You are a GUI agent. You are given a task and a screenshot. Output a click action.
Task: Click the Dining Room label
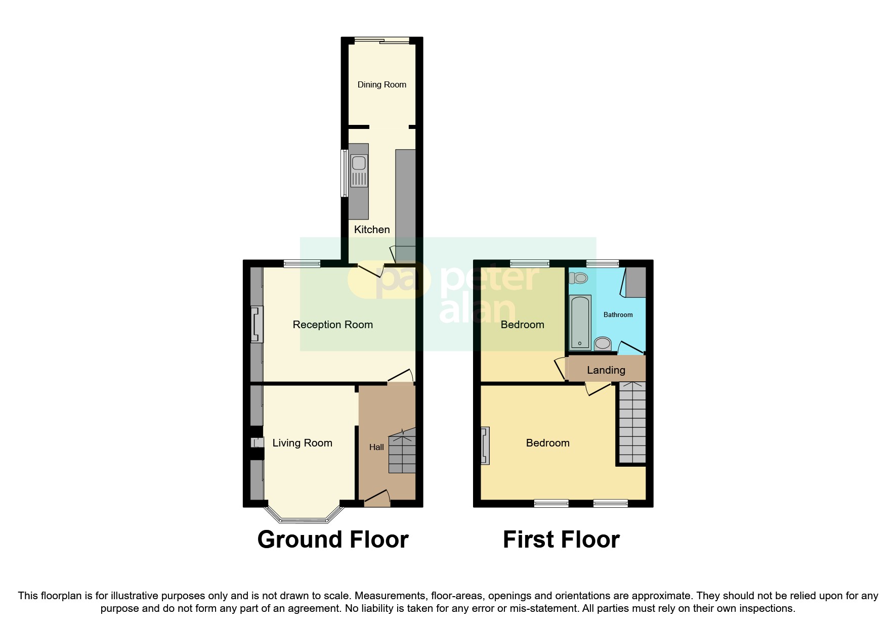tap(381, 84)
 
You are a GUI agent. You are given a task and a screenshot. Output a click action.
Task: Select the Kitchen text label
tap(372, 230)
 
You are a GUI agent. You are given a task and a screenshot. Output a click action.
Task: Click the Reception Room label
tap(333, 325)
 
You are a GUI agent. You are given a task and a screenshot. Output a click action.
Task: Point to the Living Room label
tap(302, 443)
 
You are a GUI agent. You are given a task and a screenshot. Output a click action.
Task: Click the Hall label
tap(376, 447)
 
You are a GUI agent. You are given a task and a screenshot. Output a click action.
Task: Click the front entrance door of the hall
tap(377, 498)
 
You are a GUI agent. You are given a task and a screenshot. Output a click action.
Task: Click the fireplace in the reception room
tap(258, 324)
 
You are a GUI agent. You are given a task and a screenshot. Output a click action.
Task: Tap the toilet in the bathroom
tap(578, 278)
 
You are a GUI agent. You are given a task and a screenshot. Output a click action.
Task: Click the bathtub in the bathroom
tap(580, 323)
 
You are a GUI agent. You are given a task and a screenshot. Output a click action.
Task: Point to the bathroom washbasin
tap(603, 343)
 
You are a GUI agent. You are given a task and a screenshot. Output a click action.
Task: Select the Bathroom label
tap(618, 315)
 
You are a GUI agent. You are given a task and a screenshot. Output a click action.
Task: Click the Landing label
tap(606, 370)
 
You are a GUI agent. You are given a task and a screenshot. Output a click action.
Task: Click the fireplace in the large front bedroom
tap(485, 445)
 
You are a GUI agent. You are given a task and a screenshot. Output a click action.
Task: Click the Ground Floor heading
tap(333, 540)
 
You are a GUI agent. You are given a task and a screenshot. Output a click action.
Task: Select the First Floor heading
tap(561, 540)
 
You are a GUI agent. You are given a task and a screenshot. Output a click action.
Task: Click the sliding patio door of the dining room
tap(381, 40)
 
